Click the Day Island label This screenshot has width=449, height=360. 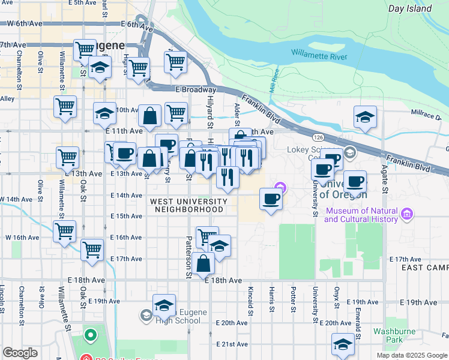click(x=410, y=8)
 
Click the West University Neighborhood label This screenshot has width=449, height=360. click(x=189, y=205)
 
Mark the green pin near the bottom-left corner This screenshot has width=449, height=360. click(x=90, y=334)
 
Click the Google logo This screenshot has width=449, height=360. click(x=20, y=353)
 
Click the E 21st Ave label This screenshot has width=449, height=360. click(x=232, y=344)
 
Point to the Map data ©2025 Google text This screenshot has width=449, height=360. click(x=412, y=355)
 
